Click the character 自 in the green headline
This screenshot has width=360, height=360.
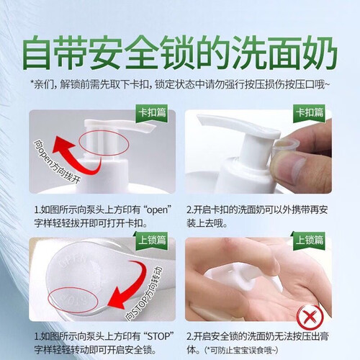click(38, 53)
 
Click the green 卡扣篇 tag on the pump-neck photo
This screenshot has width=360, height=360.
click(152, 113)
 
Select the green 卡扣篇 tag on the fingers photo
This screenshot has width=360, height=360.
click(310, 113)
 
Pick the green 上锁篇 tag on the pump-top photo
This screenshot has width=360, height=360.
click(152, 240)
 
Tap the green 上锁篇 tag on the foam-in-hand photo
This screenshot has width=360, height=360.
click(310, 240)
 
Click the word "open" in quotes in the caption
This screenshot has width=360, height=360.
click(157, 210)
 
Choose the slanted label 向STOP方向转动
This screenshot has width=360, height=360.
click(144, 293)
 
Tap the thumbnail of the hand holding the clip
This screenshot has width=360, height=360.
click(258, 152)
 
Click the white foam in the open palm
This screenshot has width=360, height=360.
click(243, 276)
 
